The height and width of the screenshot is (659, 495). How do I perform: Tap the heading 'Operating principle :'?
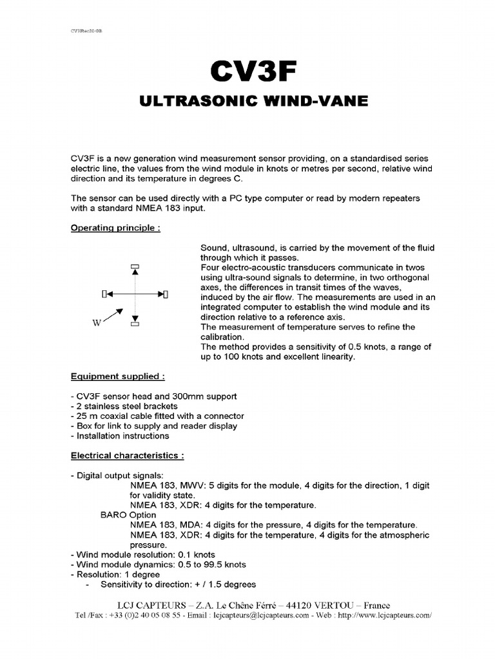click(x=115, y=228)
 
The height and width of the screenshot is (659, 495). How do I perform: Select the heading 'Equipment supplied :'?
click(x=117, y=376)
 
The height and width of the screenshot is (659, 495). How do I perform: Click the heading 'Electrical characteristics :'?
click(x=127, y=456)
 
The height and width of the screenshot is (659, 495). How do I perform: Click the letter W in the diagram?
click(x=97, y=323)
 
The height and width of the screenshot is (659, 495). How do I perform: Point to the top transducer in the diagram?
click(x=135, y=266)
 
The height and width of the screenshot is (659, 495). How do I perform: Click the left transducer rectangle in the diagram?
click(x=104, y=294)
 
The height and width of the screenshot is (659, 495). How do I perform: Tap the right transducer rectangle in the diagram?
click(x=166, y=294)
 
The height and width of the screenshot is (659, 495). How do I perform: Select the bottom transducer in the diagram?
click(x=135, y=324)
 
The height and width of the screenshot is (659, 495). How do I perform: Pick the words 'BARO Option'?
click(x=128, y=515)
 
